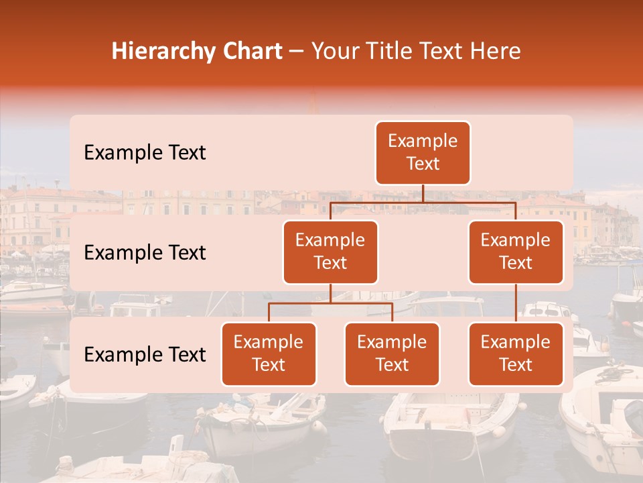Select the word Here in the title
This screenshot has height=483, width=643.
(x=496, y=52)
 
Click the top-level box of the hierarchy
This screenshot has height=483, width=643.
(x=423, y=153)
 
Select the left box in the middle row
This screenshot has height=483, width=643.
(x=330, y=252)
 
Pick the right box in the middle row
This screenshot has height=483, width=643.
(x=516, y=252)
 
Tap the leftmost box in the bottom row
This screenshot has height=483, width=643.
(x=269, y=354)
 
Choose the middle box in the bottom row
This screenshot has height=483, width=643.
(x=392, y=354)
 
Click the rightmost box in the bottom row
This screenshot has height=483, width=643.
(x=516, y=354)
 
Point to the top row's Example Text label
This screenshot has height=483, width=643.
(x=145, y=153)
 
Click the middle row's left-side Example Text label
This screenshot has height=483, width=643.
(x=145, y=253)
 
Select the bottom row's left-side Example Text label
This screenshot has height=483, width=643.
(x=145, y=355)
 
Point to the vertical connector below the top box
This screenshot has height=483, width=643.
(x=423, y=193)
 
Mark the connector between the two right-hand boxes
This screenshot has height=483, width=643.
(x=516, y=303)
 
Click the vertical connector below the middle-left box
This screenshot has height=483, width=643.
(x=330, y=294)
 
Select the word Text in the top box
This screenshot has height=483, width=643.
(x=423, y=164)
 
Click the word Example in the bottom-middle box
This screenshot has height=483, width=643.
(x=392, y=343)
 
